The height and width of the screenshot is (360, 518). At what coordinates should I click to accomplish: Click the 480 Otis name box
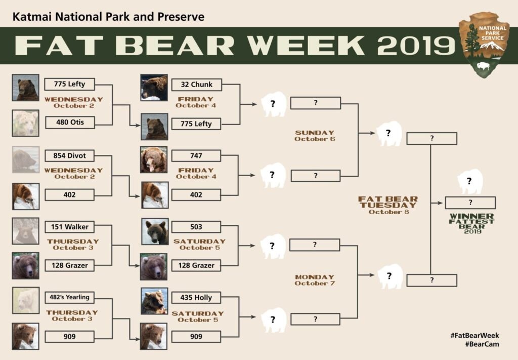coord(70,123)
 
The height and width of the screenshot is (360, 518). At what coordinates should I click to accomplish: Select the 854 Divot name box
coord(69,156)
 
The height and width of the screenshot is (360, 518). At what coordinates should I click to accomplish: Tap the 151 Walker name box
coord(69,227)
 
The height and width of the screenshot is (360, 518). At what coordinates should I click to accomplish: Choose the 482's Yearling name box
coord(69,297)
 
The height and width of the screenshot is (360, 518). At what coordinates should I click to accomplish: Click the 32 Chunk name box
coord(197,85)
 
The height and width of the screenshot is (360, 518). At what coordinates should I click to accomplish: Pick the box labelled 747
coord(196,156)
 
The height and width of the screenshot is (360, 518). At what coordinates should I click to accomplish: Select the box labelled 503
coord(196,227)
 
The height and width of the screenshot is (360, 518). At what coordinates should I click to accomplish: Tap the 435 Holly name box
coord(196,298)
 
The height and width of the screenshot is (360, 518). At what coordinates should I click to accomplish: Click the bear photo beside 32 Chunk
coord(154,87)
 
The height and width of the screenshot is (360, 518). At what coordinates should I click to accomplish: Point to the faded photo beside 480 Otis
coord(25,124)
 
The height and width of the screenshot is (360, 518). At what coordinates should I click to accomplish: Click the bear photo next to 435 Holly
coord(154,301)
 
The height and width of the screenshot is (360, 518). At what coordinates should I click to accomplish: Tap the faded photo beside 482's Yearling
coord(26,300)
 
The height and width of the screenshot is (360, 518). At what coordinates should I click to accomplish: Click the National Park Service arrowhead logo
coord(484,45)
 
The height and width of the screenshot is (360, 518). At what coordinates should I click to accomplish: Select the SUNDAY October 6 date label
coord(315,136)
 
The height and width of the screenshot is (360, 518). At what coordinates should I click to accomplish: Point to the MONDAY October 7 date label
coord(315,280)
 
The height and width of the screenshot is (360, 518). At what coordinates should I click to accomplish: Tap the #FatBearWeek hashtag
coord(474,336)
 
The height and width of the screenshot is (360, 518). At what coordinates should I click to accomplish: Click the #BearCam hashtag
coord(482,344)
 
